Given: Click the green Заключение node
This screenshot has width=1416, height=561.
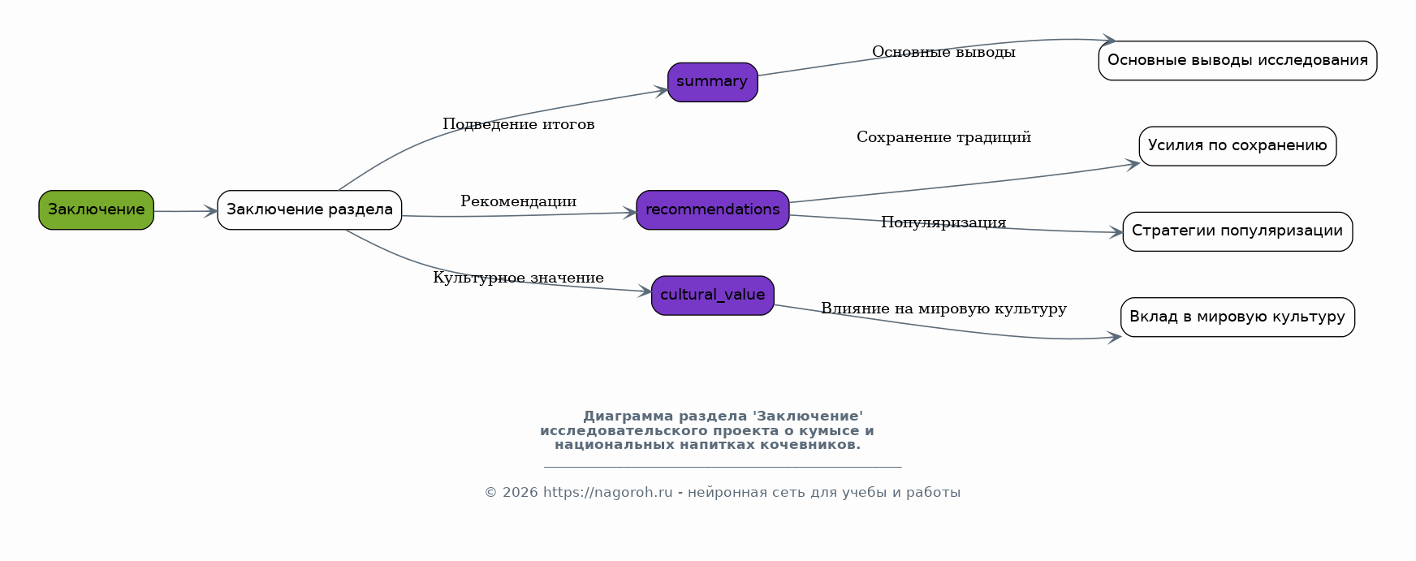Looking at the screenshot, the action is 96,210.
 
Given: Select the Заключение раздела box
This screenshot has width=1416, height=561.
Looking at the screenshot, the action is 309,210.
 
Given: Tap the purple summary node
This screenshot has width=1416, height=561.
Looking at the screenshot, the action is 712,82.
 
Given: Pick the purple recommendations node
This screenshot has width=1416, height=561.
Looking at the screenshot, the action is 712,210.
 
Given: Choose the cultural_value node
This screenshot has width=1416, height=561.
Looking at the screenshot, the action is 712,296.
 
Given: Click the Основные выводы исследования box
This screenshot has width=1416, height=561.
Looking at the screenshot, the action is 1237,61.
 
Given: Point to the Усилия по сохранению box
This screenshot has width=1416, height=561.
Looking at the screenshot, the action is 1237,146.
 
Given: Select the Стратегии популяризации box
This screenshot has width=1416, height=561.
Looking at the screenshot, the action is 1237,231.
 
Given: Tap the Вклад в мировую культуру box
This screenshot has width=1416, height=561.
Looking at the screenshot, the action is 1237,317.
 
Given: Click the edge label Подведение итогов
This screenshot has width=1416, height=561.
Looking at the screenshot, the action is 518,124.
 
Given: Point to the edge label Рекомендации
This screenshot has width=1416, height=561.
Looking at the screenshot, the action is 518,201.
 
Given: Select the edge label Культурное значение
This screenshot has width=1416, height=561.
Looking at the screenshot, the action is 518,278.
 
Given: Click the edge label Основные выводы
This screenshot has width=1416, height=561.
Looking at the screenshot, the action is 943,52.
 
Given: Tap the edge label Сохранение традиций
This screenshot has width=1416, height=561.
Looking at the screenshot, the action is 943,137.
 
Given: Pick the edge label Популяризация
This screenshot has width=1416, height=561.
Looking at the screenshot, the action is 943,222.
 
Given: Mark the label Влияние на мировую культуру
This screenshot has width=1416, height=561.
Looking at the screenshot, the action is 943,309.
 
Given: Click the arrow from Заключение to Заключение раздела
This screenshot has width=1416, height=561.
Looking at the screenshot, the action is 185,211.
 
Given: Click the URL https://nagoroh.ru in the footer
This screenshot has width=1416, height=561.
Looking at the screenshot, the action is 607,493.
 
